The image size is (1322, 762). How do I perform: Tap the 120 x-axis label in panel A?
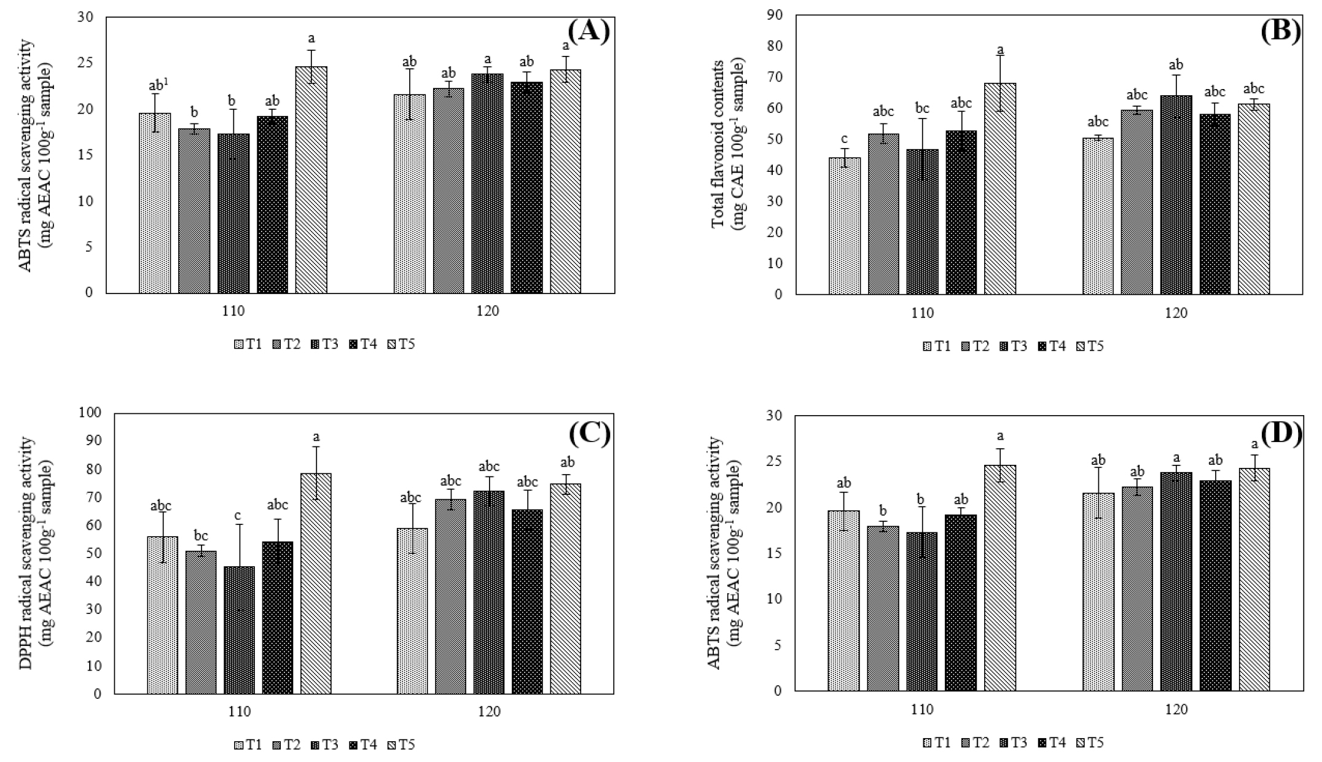(487, 311)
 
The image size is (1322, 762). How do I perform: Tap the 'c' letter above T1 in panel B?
(844, 138)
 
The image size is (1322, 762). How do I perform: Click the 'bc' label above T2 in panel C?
(201, 535)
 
